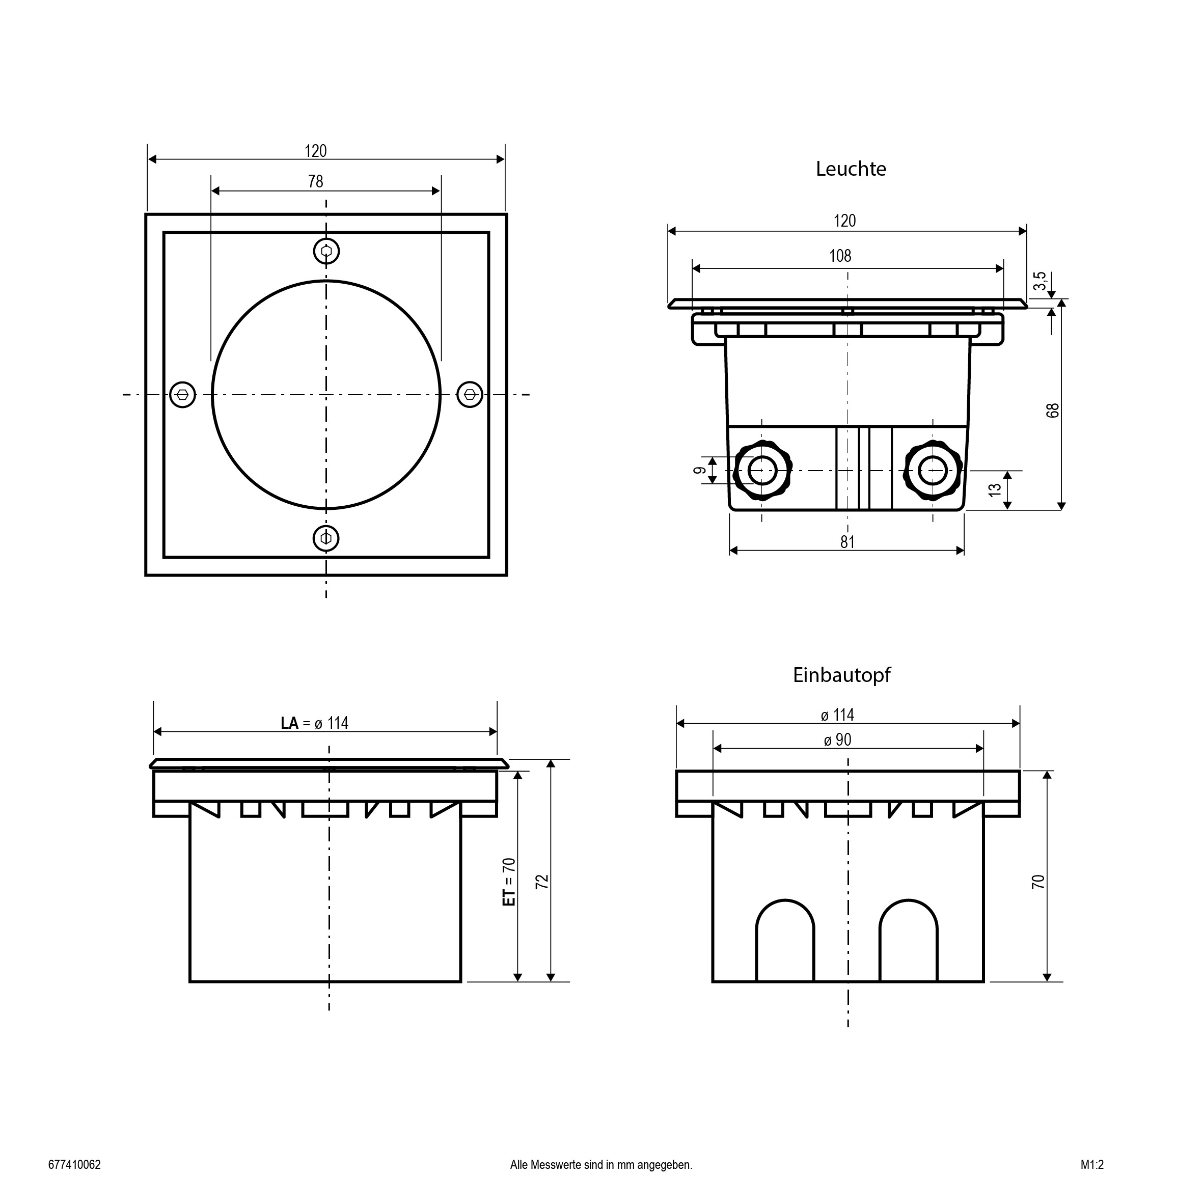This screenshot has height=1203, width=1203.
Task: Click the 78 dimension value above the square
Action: pos(316,181)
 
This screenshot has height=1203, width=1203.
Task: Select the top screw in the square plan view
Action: pos(325,252)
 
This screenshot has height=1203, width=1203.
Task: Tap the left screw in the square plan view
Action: pos(183,394)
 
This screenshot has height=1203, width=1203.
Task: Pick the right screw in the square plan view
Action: pos(470,394)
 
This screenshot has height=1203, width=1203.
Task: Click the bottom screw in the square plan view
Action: pos(325,537)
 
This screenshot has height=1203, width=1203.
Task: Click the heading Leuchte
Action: pos(851,169)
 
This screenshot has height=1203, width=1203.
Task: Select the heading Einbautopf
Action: pos(841,675)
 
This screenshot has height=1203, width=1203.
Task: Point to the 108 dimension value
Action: pos(840,256)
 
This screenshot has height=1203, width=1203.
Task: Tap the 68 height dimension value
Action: pos(1052,411)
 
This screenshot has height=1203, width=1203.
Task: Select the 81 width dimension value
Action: pos(847,542)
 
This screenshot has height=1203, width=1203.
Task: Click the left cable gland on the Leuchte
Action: pos(762,471)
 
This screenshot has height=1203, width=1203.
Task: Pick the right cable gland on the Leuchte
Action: pos(933,471)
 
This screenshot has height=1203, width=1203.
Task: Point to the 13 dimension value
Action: pos(995,490)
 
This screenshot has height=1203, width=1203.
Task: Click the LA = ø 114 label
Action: pos(314,723)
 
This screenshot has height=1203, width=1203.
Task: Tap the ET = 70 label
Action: pos(509,882)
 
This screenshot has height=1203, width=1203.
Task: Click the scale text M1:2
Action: pos(1092,1164)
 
